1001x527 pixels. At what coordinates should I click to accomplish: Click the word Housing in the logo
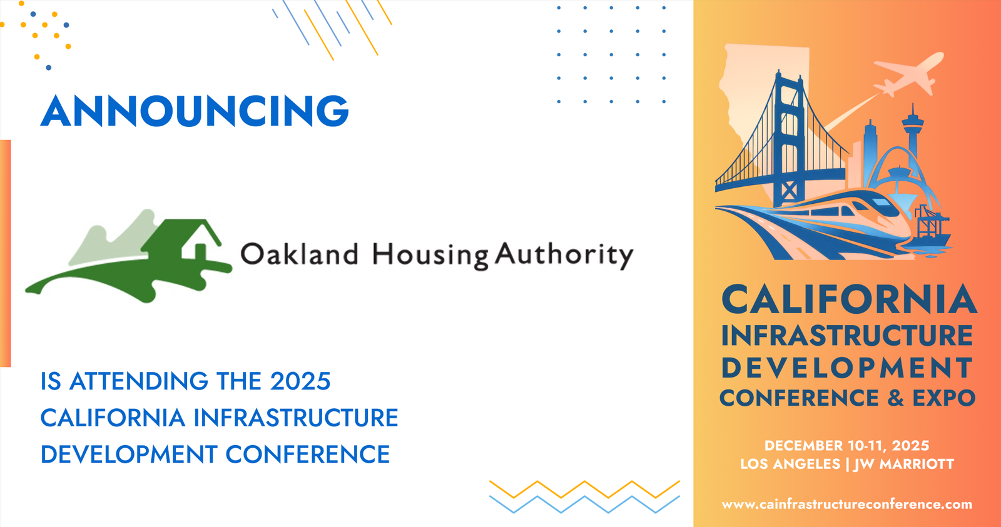430,256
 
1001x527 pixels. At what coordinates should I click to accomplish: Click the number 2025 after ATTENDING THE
300,381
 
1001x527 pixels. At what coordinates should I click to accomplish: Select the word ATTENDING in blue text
139,381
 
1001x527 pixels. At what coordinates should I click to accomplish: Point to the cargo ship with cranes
932,230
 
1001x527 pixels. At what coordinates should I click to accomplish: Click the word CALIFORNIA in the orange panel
848,299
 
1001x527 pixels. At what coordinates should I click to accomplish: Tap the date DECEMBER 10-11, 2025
847,446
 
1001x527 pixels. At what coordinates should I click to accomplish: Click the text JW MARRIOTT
903,464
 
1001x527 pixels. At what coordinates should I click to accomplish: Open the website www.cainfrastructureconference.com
847,504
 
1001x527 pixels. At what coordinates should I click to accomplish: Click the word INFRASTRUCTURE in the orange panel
847,336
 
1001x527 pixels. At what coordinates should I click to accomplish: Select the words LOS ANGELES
790,464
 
